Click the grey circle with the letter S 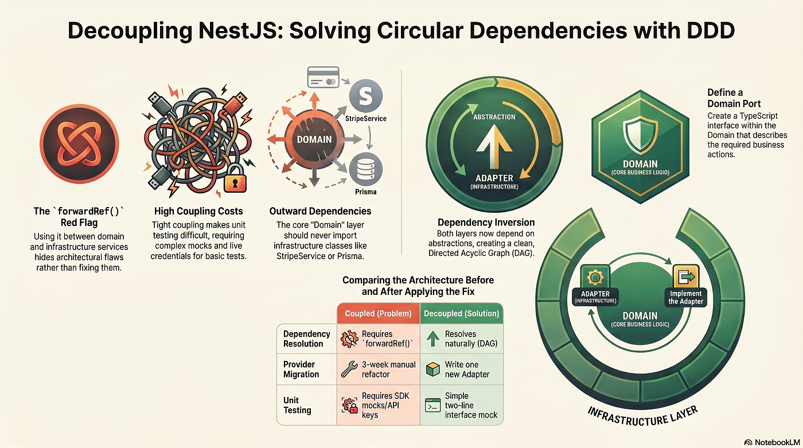(x=366, y=96)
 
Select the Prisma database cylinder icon (x=366, y=170)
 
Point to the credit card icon (x=323, y=77)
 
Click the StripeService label (x=366, y=119)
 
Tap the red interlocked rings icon (x=79, y=144)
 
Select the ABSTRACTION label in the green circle (x=494, y=117)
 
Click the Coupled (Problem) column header (x=378, y=314)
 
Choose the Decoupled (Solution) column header (x=461, y=314)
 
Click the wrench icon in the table (x=349, y=369)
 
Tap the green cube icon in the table (x=432, y=369)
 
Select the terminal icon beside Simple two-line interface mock (x=432, y=406)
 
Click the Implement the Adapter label (x=686, y=298)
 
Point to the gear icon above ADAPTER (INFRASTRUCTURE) (x=595, y=277)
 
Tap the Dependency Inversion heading (x=486, y=223)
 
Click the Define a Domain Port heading (x=734, y=98)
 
